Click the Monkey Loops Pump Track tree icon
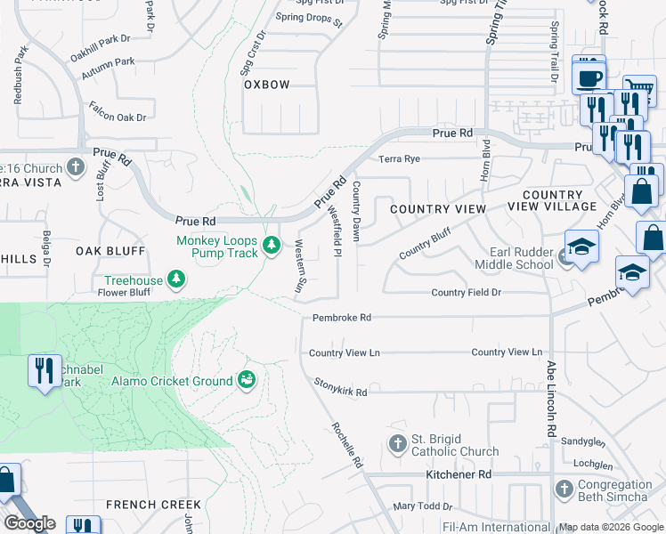273,245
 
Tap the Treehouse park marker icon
177,280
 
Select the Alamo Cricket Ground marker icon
247,381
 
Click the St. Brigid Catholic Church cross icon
397,443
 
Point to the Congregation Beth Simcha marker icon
563,489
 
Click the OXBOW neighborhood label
267,85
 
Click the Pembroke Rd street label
341,318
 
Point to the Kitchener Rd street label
459,475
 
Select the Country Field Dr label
466,292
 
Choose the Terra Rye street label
399,159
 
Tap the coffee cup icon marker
588,77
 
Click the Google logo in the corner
29,523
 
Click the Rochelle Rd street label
348,445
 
